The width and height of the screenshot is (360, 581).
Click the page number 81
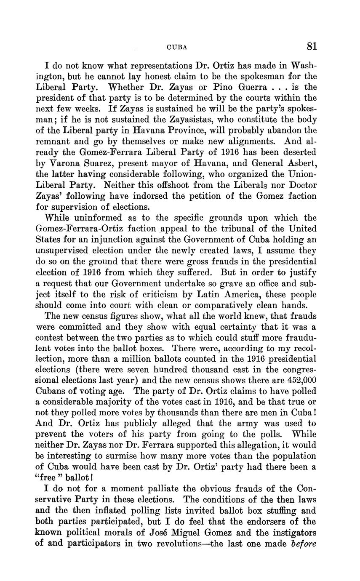pos(312,46)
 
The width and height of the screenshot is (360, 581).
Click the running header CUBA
pos(177,48)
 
